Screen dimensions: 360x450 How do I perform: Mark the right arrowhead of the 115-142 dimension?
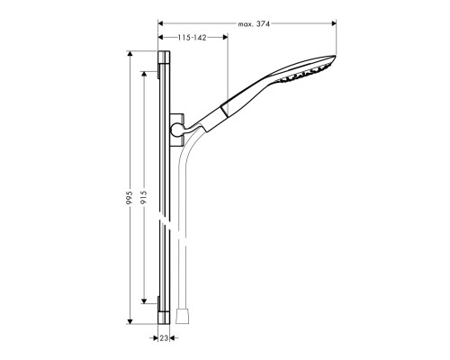pos(226,37)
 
